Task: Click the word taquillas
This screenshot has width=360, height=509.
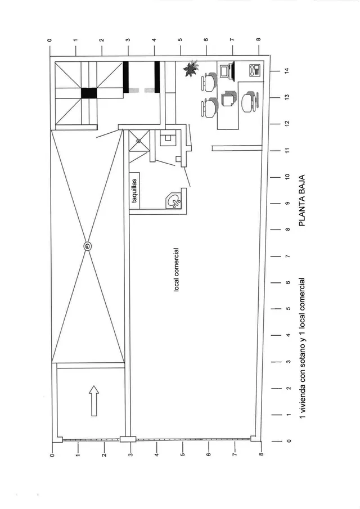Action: (x=134, y=191)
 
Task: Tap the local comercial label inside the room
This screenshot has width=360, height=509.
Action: (x=177, y=269)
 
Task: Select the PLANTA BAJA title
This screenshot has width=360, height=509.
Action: (x=302, y=201)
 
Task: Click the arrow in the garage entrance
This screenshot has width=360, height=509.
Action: (x=94, y=400)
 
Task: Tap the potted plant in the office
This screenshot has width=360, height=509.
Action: (x=191, y=68)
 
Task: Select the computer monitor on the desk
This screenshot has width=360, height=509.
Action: (x=227, y=71)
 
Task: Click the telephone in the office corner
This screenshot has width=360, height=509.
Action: (x=255, y=70)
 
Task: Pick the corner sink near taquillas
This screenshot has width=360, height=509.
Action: (x=174, y=201)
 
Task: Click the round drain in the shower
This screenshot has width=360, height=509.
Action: (x=139, y=141)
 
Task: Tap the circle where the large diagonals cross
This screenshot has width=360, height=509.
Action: (x=88, y=247)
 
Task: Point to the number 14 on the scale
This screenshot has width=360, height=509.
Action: (x=287, y=70)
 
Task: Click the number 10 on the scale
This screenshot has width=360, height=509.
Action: (x=287, y=177)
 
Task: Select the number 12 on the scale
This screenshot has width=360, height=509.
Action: (x=287, y=124)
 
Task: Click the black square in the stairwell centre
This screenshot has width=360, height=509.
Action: (x=89, y=93)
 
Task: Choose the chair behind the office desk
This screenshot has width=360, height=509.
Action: (x=250, y=101)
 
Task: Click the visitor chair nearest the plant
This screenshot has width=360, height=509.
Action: (x=209, y=81)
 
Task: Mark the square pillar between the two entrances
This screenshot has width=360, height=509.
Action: (x=128, y=439)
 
